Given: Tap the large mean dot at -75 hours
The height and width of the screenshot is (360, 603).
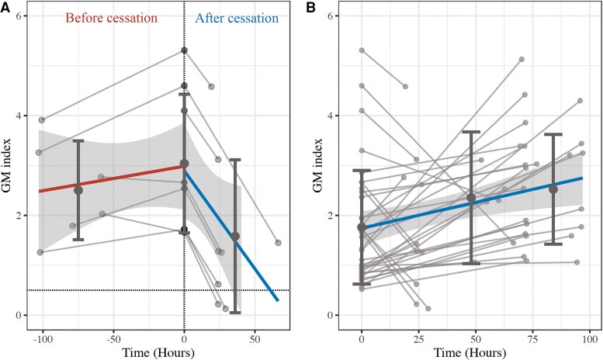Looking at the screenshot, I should point(78,190).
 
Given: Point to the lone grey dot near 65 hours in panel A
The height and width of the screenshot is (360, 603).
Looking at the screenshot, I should point(277,243).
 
